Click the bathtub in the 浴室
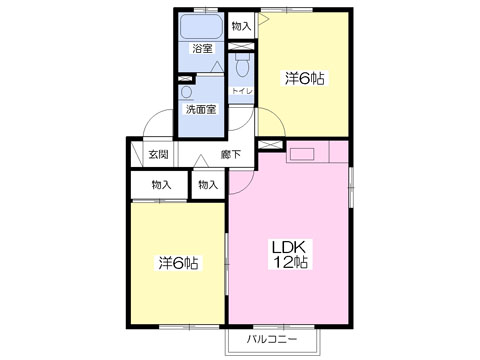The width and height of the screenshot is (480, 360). pyautogui.click(x=201, y=27)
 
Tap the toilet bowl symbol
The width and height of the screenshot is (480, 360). pyautogui.click(x=242, y=65)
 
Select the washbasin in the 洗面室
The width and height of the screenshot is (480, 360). pyautogui.click(x=187, y=93)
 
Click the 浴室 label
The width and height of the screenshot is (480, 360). pyautogui.click(x=202, y=49)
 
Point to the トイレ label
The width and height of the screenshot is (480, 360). pyautogui.click(x=242, y=91)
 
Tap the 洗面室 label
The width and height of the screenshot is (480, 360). pyautogui.click(x=201, y=109)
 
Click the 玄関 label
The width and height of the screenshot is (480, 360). pyautogui.click(x=158, y=154)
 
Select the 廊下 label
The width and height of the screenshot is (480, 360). pyautogui.click(x=231, y=154)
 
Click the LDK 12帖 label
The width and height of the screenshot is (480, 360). pyautogui.click(x=290, y=255)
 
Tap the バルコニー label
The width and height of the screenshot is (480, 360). pyautogui.click(x=272, y=340)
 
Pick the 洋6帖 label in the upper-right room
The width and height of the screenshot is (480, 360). pyautogui.click(x=304, y=79)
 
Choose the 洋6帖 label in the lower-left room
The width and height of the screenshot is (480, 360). pyautogui.click(x=178, y=263)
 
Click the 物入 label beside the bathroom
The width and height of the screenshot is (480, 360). pyautogui.click(x=241, y=26)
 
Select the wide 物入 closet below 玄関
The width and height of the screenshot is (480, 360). pyautogui.click(x=159, y=185)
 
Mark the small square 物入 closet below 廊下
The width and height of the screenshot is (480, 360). pyautogui.click(x=208, y=185)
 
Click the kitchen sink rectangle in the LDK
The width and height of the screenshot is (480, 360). pyautogui.click(x=302, y=154)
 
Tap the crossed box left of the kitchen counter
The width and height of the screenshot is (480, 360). pyautogui.click(x=271, y=145)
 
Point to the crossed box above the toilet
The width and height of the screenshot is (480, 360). pyautogui.click(x=241, y=46)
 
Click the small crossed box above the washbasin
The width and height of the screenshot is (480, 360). pyautogui.click(x=185, y=79)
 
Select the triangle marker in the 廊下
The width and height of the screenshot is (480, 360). pyautogui.click(x=201, y=161)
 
